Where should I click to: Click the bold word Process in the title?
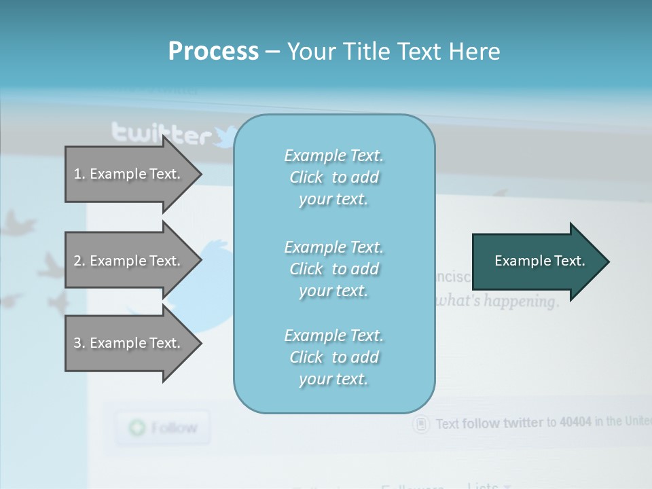pos(213,52)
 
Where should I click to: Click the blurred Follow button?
pos(162,428)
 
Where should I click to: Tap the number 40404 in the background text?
pos(575,422)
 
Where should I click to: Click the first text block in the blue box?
pos(333,177)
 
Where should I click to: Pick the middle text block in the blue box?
pos(333,269)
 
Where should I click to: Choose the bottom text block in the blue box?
pos(333,357)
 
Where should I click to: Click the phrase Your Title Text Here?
pos(393,52)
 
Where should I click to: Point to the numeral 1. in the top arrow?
pos(79,174)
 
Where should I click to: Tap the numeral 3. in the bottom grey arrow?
pos(79,343)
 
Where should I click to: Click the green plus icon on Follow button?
pos(138,428)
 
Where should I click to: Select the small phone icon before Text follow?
pos(422,424)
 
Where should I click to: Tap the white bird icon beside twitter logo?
pos(225,136)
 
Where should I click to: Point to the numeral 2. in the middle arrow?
pos(79,261)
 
